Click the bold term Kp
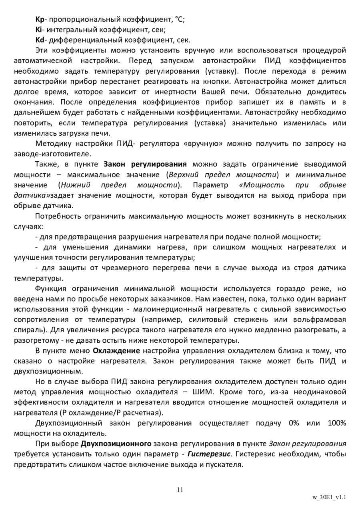click(39, 19)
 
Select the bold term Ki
click(38, 30)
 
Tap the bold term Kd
click(40, 40)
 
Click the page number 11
click(180, 490)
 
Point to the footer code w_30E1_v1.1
click(329, 498)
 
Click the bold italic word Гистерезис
click(209, 454)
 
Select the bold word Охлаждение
click(116, 351)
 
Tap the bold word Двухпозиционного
click(116, 444)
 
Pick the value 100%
click(337, 423)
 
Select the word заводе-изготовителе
click(52, 154)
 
